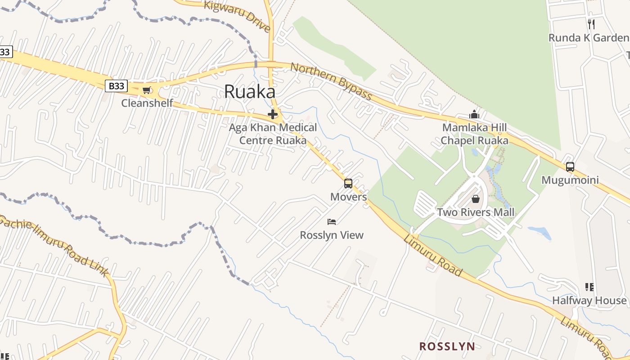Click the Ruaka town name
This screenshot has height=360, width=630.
pyautogui.click(x=249, y=92)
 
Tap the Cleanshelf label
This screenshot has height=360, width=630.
pyautogui.click(x=147, y=103)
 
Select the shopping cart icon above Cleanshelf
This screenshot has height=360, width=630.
pyautogui.click(x=146, y=90)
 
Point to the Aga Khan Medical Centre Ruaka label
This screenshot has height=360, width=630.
pyautogui.click(x=273, y=134)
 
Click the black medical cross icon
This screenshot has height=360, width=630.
pyautogui.click(x=272, y=114)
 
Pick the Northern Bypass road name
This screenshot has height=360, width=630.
pyautogui.click(x=331, y=81)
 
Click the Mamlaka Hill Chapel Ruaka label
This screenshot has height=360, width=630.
pyautogui.click(x=474, y=134)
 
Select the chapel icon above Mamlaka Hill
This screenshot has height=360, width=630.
pyautogui.click(x=474, y=114)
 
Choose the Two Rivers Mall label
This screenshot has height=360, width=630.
pyautogui.click(x=476, y=212)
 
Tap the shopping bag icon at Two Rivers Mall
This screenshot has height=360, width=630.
pyautogui.click(x=476, y=199)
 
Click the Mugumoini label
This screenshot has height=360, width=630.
pyautogui.click(x=570, y=180)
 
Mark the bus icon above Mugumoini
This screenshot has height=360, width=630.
pyautogui.click(x=570, y=167)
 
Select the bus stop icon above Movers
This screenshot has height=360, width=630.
pyautogui.click(x=348, y=184)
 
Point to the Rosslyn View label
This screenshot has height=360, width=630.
pyautogui.click(x=332, y=235)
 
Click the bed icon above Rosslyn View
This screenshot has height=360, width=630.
pyautogui.click(x=332, y=221)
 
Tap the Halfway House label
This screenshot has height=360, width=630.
pyautogui.click(x=589, y=300)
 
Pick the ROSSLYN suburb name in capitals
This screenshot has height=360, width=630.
pyautogui.click(x=447, y=346)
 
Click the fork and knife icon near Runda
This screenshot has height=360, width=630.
pyautogui.click(x=591, y=24)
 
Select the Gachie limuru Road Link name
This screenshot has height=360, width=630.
pyautogui.click(x=54, y=245)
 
